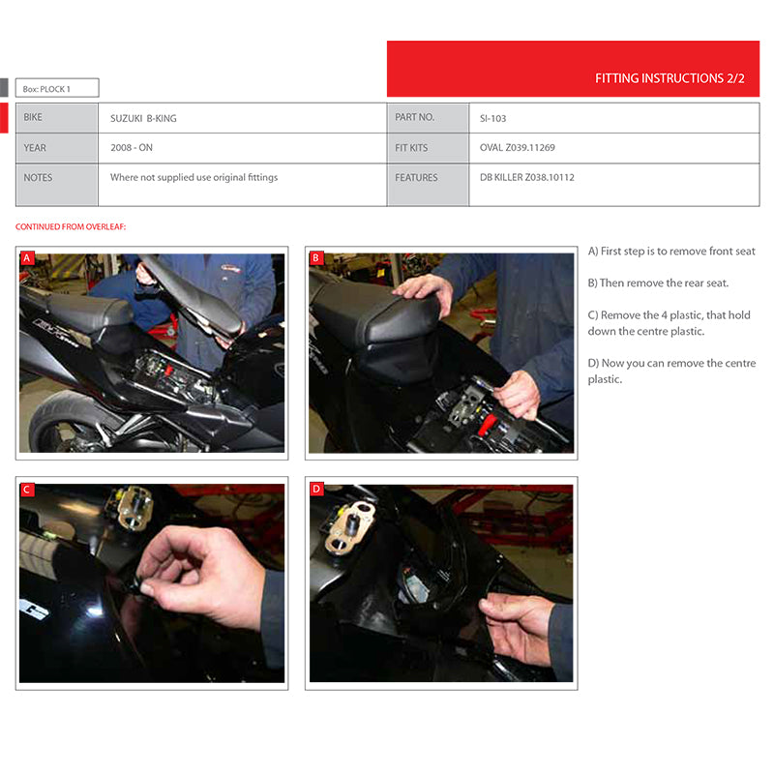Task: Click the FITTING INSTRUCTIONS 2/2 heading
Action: tap(670, 78)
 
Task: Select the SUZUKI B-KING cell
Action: tap(143, 118)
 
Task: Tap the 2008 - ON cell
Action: tap(132, 148)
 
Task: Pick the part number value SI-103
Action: tap(492, 118)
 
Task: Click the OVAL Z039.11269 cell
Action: tap(517, 148)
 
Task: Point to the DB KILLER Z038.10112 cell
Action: tap(526, 178)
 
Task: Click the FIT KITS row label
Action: tap(411, 148)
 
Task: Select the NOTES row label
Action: tap(39, 178)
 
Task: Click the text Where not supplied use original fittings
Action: tap(193, 178)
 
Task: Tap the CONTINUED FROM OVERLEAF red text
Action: tap(71, 227)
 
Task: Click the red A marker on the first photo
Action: tap(27, 258)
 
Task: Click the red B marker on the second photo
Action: tap(316, 258)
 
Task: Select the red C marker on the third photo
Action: tap(27, 490)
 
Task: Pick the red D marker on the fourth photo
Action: tap(316, 490)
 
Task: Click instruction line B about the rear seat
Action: tap(658, 283)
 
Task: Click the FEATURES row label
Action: tap(416, 178)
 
